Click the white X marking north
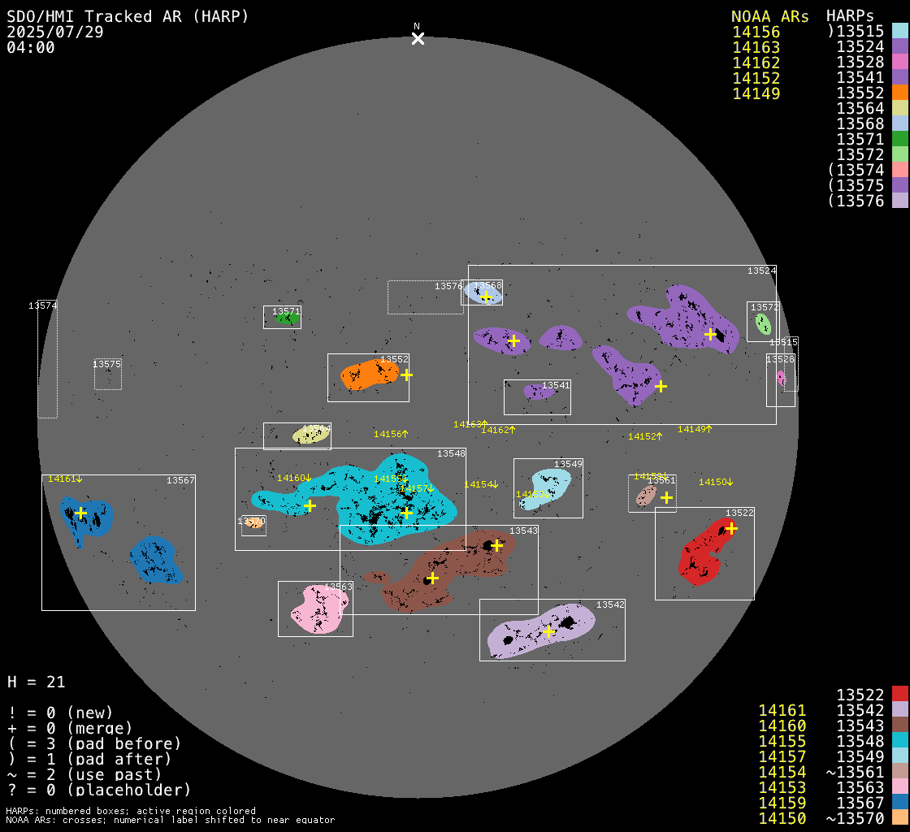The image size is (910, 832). coord(418,38)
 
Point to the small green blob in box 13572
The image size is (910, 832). coord(763,324)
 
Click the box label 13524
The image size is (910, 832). coord(761,271)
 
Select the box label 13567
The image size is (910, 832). coord(180,480)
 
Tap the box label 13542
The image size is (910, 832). coord(610,604)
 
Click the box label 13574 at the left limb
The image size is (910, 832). coord(42,305)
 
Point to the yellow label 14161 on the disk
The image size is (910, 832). coord(62,479)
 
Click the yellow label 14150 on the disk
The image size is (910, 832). coord(713,482)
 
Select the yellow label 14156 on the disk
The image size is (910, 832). coord(388,434)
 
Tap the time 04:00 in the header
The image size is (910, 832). coord(30,47)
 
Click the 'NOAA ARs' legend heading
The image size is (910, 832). coord(769,16)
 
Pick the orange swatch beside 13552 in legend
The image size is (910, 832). coord(899,93)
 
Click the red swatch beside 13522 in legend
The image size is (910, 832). coord(899,695)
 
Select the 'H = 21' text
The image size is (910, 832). coord(36,682)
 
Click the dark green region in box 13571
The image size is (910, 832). coord(285,319)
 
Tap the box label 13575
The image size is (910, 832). coord(106,364)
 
